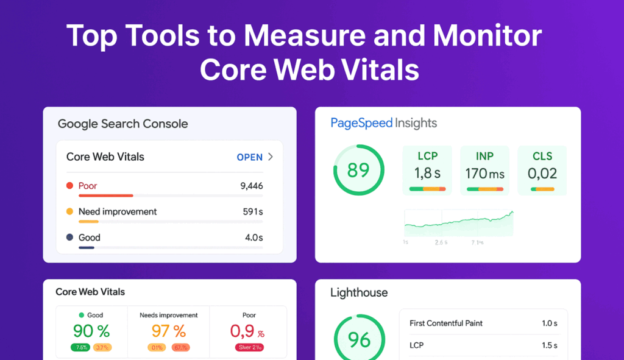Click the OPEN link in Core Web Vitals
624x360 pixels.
(x=250, y=157)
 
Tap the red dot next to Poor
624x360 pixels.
(x=69, y=186)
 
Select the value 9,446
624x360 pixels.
(x=252, y=186)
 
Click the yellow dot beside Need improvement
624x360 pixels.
(x=69, y=211)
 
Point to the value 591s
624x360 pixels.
(x=253, y=211)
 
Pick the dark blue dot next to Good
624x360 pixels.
(x=69, y=238)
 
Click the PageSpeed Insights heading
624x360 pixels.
(x=384, y=123)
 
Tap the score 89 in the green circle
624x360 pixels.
(x=358, y=169)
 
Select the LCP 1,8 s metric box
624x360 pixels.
(x=428, y=170)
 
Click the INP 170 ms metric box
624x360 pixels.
(x=485, y=170)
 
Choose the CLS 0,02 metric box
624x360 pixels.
(x=542, y=170)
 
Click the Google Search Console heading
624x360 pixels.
(x=122, y=124)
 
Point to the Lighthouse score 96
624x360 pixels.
(x=359, y=339)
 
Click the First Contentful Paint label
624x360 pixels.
(x=445, y=323)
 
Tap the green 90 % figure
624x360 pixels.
(x=91, y=331)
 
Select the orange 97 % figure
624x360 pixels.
(x=168, y=331)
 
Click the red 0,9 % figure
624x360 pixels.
(x=247, y=331)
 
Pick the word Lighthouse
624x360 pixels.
(x=359, y=292)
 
